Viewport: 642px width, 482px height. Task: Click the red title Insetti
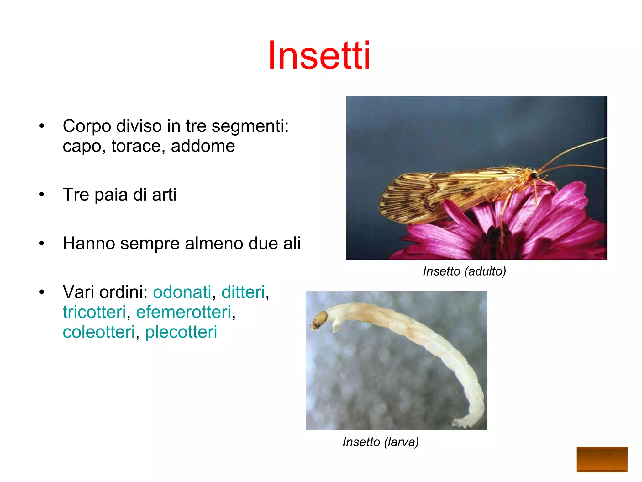click(x=319, y=56)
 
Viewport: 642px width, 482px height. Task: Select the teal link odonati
click(x=182, y=292)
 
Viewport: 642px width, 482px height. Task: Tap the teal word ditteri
click(x=243, y=292)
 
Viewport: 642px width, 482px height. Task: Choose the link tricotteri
click(x=94, y=312)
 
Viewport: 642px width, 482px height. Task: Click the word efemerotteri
click(x=184, y=312)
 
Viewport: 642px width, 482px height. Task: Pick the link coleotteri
click(x=99, y=332)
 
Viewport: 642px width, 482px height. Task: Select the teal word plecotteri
click(x=181, y=332)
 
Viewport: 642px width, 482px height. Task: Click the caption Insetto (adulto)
click(x=464, y=271)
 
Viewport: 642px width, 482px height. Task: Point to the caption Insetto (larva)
click(x=381, y=442)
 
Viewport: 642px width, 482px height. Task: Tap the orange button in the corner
click(x=602, y=459)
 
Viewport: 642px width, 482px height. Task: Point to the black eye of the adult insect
click(x=534, y=176)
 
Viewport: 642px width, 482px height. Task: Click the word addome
click(x=203, y=146)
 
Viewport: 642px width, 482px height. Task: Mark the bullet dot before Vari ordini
click(x=42, y=292)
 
